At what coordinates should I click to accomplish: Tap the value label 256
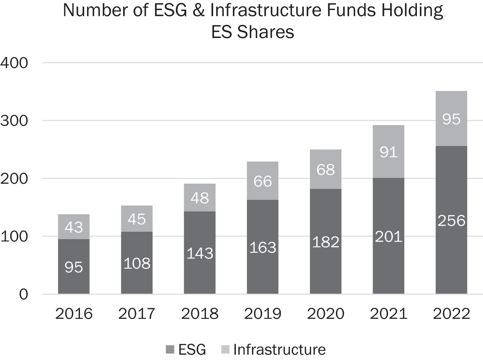pos(451,221)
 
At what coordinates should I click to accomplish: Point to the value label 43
pos(74,227)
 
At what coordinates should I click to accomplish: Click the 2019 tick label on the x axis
pos(262,314)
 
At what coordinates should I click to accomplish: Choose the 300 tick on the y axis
pos(15,121)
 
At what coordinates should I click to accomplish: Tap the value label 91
pos(388,152)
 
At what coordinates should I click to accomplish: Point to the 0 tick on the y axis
pos(23,294)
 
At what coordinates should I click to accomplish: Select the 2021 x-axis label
pos(388,314)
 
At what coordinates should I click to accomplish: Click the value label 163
pos(262,248)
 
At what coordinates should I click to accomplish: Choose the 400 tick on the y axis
pos(15,63)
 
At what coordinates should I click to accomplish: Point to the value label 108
pos(137,264)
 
